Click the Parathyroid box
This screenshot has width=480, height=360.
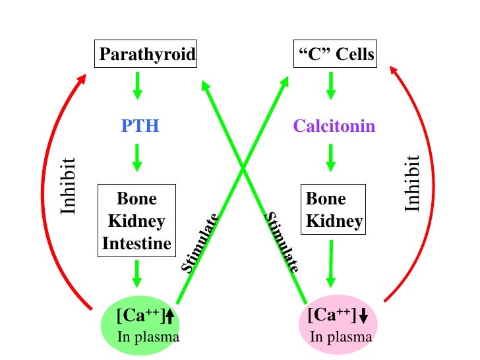[x=147, y=55]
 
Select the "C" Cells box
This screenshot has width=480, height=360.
[x=334, y=55]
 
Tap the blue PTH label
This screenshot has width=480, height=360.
[x=140, y=125]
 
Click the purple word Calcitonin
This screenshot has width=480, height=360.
[x=334, y=125]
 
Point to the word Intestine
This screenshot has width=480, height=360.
[x=136, y=244]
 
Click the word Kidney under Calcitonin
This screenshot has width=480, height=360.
[x=334, y=222]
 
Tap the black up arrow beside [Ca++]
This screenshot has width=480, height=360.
[x=169, y=317]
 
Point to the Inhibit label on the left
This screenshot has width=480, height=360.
[x=69, y=185]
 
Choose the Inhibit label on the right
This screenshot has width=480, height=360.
[x=413, y=183]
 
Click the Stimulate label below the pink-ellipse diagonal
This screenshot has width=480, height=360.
[x=282, y=242]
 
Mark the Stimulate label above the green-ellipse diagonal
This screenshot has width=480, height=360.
[x=199, y=244]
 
